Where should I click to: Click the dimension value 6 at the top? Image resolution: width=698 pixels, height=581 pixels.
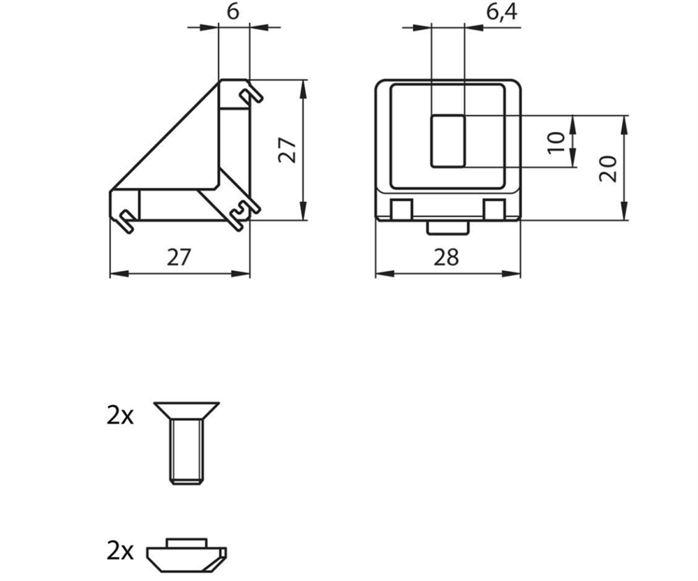[233, 12]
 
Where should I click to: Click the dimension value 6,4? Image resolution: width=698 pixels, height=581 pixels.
[502, 12]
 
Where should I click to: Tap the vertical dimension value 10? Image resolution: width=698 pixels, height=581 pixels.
[556, 142]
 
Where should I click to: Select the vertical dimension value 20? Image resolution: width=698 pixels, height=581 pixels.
[608, 168]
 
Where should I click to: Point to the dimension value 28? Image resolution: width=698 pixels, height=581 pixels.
[446, 258]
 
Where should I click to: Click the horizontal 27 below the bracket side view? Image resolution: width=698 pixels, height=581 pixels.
[179, 258]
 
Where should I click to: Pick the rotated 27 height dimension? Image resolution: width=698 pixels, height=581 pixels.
[287, 150]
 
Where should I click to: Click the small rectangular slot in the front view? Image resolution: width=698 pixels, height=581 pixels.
[448, 141]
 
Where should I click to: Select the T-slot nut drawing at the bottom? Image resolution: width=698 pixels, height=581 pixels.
[186, 554]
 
